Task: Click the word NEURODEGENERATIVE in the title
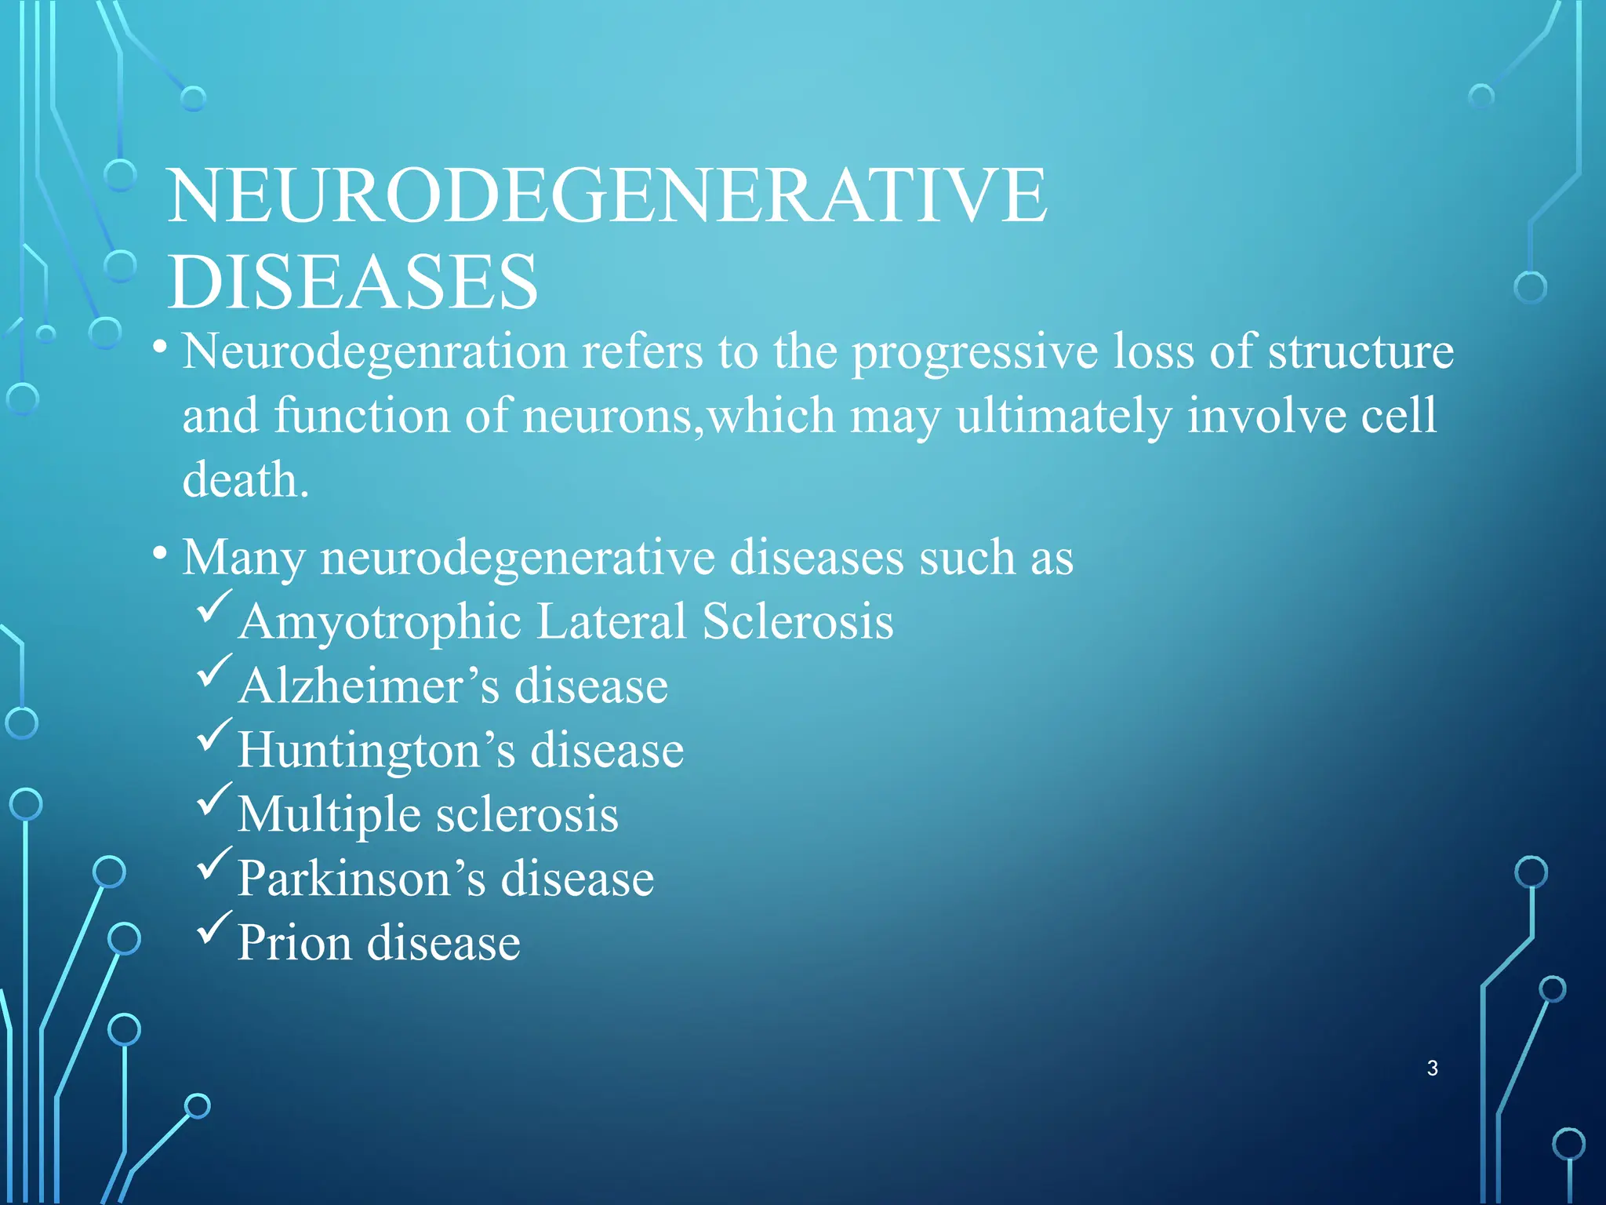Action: [607, 195]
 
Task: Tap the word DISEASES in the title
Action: [353, 282]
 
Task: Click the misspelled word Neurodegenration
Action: [375, 352]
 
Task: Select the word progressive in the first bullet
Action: [975, 352]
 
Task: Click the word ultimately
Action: [1063, 417]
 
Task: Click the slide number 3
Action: [1432, 1068]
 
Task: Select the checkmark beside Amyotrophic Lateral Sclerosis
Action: [214, 606]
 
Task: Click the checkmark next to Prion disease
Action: [214, 927]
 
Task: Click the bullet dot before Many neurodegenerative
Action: [160, 554]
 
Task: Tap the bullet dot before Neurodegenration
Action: [160, 346]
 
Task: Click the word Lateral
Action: [612, 622]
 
